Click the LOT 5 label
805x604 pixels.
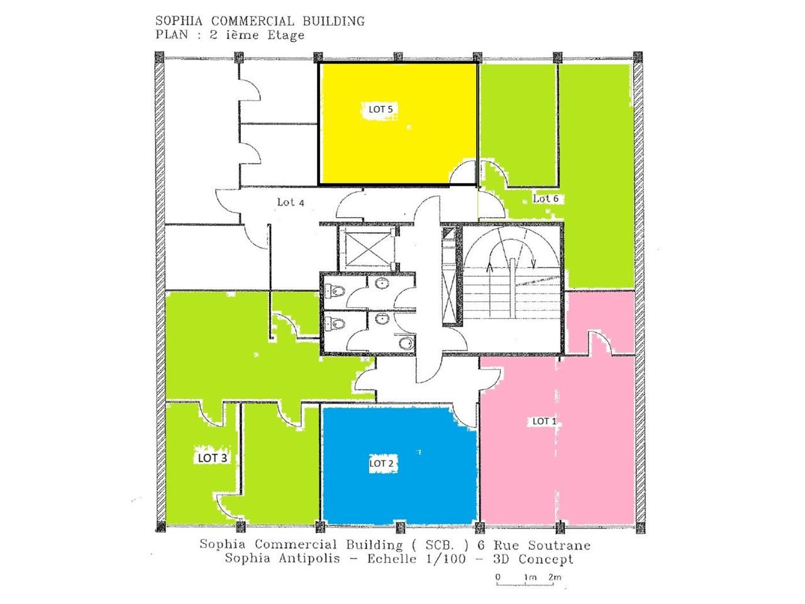[x=380, y=109]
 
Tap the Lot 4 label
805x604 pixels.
[x=291, y=202]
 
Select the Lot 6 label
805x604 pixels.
[x=545, y=198]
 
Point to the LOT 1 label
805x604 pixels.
[x=544, y=421]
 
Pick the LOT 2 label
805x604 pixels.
[x=381, y=463]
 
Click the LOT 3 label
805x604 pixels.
[x=212, y=457]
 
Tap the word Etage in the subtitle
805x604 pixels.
[x=285, y=35]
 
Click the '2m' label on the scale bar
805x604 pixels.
[x=554, y=577]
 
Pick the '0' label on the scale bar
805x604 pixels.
[x=497, y=577]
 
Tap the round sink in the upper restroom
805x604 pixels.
[x=381, y=284]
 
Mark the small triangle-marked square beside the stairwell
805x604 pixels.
[x=448, y=234]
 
